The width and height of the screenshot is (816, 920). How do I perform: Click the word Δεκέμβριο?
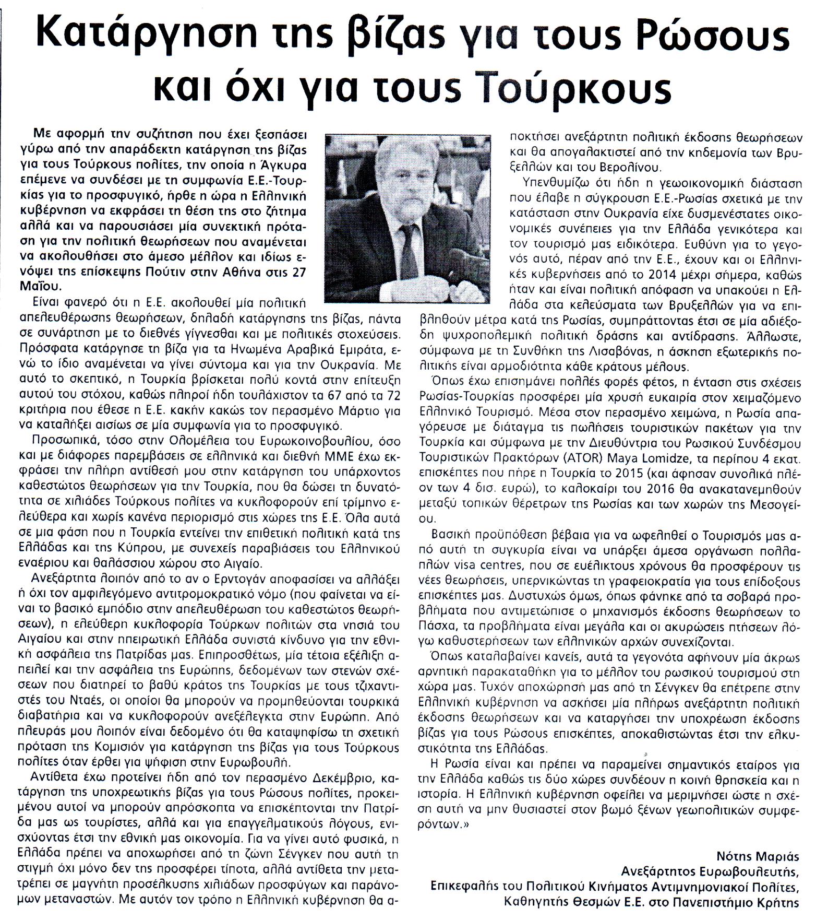(334, 779)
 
